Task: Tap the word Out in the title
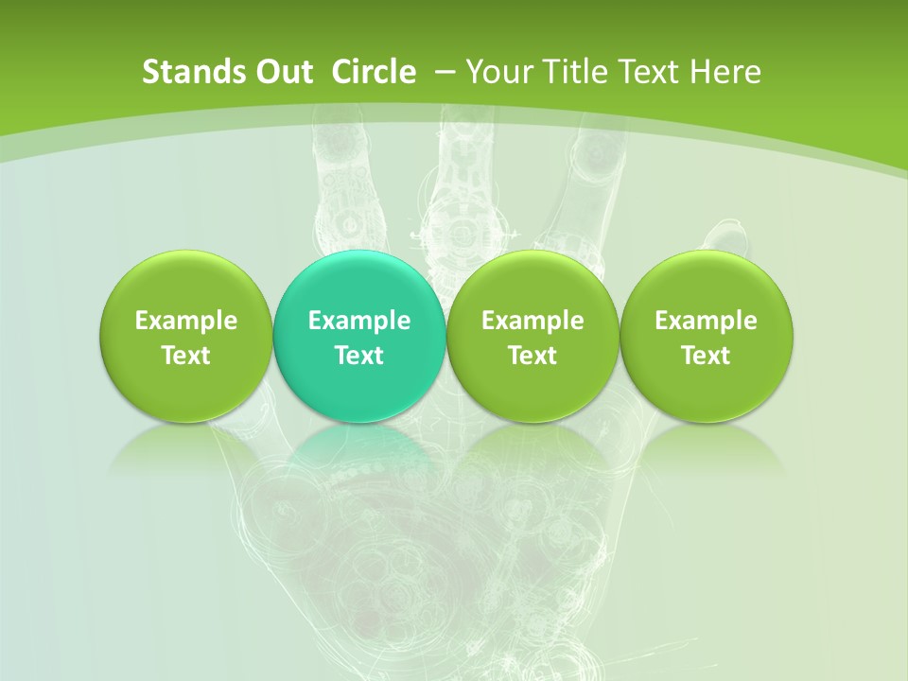281,72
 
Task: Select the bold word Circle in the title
374,72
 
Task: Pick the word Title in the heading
576,72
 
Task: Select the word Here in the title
726,72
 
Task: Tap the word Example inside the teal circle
359,321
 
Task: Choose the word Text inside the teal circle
359,356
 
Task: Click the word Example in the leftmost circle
185,321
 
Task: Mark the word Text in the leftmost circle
185,356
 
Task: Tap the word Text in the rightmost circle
707,356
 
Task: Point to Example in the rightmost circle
707,321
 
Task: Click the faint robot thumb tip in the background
726,234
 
